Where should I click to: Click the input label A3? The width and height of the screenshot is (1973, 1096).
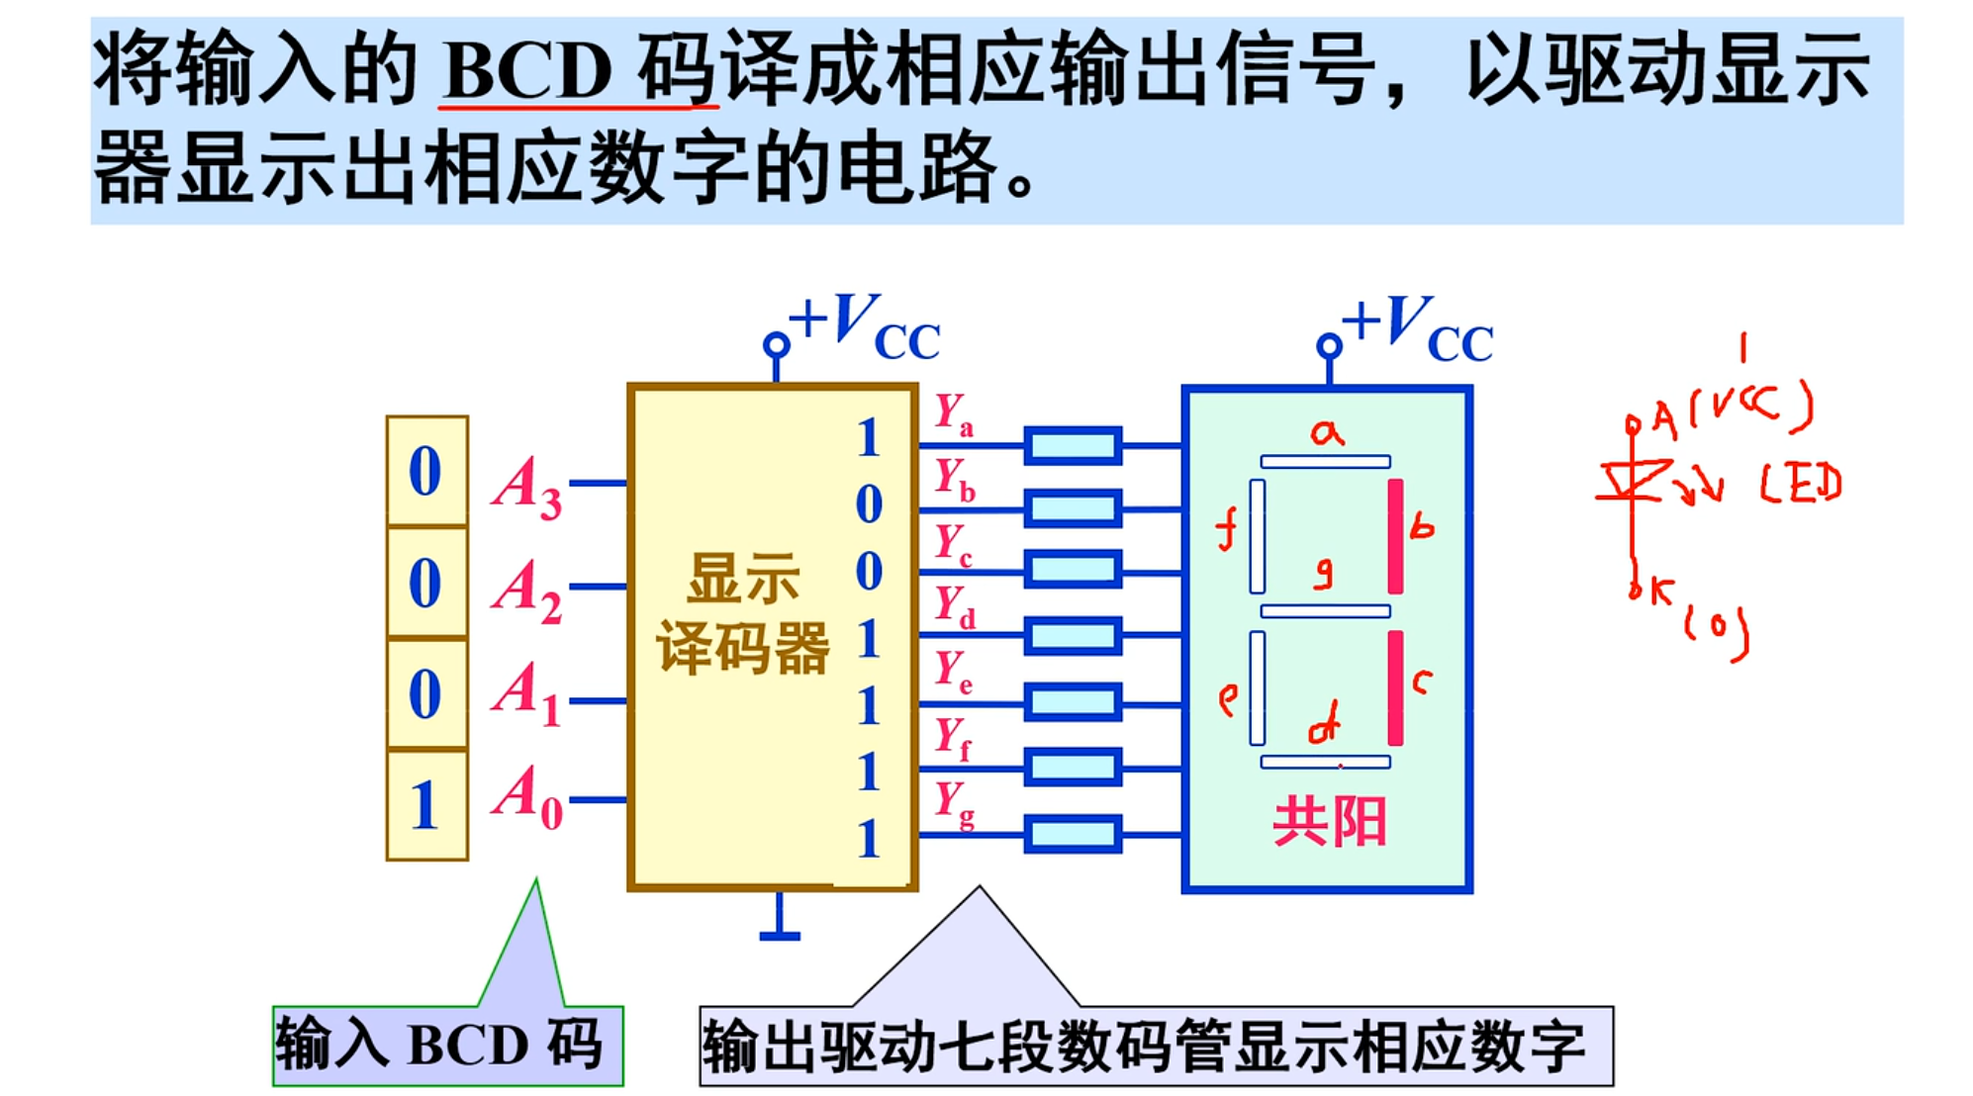526,487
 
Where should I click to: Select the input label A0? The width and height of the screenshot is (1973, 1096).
526,797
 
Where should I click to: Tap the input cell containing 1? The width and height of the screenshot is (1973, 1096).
426,805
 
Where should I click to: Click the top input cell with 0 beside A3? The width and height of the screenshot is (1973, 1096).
426,471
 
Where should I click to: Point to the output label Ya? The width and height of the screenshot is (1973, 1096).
954,414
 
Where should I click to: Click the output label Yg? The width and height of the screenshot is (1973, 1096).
954,803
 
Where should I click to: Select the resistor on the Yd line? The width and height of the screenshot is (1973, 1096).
1073,636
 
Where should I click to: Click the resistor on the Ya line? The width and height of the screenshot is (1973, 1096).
1073,445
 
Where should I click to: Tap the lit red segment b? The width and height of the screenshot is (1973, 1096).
1395,536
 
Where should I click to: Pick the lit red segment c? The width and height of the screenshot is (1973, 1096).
1395,687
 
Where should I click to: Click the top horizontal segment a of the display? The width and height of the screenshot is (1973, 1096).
1325,461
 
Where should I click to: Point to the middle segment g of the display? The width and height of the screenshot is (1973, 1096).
1325,611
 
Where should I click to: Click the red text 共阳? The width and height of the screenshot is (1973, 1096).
1329,822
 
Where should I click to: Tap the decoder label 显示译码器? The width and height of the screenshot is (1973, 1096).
742,613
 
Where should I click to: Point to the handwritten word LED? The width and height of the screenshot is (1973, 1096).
1801,484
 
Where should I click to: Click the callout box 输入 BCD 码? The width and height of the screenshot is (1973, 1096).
447,1045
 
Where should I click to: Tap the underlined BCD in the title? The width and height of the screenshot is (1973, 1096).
527,70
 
